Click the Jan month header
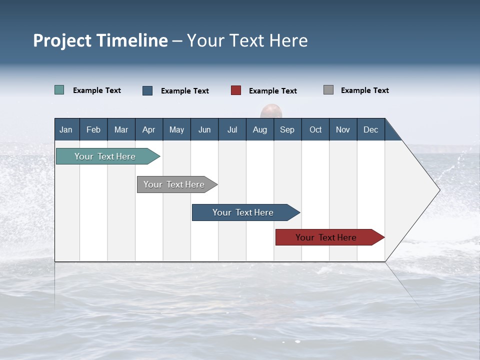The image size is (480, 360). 66,129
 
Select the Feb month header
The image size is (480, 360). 93,129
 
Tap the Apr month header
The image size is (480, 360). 148,129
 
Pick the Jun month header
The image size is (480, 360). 204,129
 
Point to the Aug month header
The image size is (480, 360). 259,129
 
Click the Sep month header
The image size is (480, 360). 287,129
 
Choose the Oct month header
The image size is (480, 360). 315,129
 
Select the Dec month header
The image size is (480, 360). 370,129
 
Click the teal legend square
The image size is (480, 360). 59,90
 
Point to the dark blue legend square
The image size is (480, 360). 147,90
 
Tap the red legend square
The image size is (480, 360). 236,90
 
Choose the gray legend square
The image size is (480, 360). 328,90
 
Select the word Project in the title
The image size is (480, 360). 62,40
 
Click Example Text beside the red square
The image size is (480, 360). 272,91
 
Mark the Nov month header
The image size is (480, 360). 343,129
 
